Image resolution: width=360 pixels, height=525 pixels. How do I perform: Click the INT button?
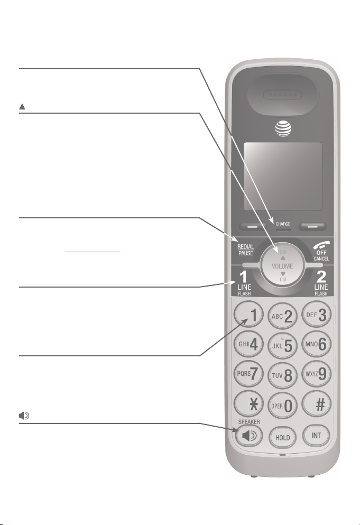(x=316, y=436)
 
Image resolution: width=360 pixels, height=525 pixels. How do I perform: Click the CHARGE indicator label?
(x=282, y=224)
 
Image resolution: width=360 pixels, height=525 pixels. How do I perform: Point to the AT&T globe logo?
(x=282, y=128)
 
